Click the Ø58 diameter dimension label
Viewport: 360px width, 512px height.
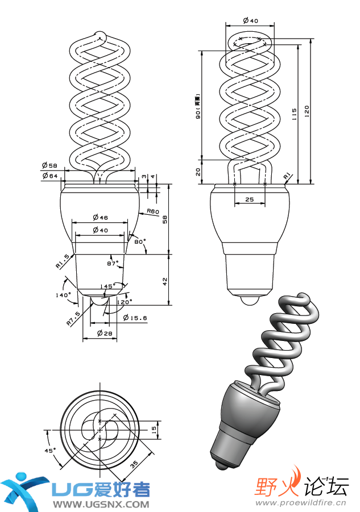pos(49,165)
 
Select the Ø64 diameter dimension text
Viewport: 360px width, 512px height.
pos(49,176)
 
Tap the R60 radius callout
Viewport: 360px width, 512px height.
pos(152,211)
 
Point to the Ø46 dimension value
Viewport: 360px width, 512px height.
pos(100,218)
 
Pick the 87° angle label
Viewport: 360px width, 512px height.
pos(113,263)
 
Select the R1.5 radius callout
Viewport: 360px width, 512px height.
pos(63,261)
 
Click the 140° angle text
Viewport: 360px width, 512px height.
pos(63,295)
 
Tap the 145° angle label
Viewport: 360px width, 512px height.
pos(107,286)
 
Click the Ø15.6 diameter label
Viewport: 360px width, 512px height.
pos(135,318)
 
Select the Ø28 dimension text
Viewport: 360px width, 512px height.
pos(104,332)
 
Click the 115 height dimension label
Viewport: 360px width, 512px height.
pos(293,114)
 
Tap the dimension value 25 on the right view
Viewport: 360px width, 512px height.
pos(249,199)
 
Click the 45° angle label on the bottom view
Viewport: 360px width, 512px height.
pos(51,451)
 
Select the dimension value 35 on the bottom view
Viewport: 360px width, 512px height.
pos(134,464)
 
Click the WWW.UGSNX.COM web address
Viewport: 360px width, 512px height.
pos(101,504)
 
